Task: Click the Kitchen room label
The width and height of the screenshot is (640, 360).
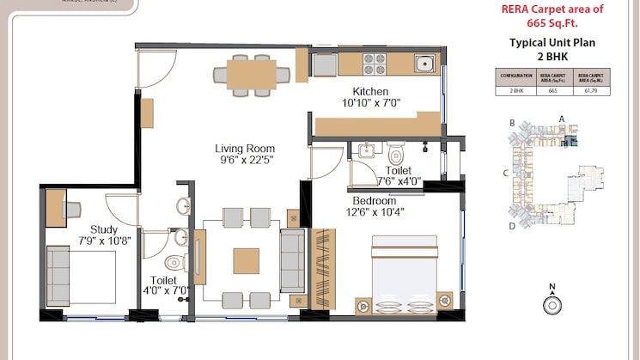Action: click(x=370, y=91)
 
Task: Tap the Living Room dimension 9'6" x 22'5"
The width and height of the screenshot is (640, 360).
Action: click(x=245, y=160)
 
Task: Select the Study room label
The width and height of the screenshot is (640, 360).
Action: click(x=103, y=229)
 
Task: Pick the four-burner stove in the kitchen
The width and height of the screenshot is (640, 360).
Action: click(x=375, y=63)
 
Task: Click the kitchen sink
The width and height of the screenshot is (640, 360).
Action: click(x=423, y=63)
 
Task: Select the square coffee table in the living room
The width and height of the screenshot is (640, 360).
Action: click(x=246, y=260)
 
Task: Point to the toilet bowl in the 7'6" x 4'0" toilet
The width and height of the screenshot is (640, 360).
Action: click(x=396, y=156)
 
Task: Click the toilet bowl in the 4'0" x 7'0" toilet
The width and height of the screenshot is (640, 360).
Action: click(x=174, y=261)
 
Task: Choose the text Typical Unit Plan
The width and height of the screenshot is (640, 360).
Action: click(x=552, y=42)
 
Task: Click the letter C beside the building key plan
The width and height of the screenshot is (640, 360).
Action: click(x=507, y=173)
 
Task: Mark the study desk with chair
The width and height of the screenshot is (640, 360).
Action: click(x=62, y=208)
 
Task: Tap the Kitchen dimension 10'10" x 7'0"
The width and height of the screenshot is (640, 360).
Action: click(x=370, y=103)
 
